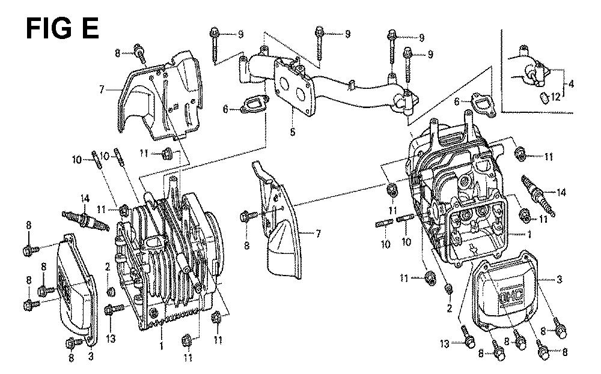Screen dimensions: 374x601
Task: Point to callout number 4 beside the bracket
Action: coord(571,84)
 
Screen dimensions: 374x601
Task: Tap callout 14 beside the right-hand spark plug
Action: coord(561,192)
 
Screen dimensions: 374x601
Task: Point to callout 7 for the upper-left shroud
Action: coord(103,89)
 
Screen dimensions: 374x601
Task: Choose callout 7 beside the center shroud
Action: coord(319,234)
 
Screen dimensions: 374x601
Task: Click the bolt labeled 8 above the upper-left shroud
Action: coord(139,53)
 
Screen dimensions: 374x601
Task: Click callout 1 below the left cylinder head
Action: coord(161,346)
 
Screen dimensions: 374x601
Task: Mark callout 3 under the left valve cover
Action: coord(90,358)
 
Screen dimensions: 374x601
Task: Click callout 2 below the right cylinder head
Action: coord(449,309)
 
